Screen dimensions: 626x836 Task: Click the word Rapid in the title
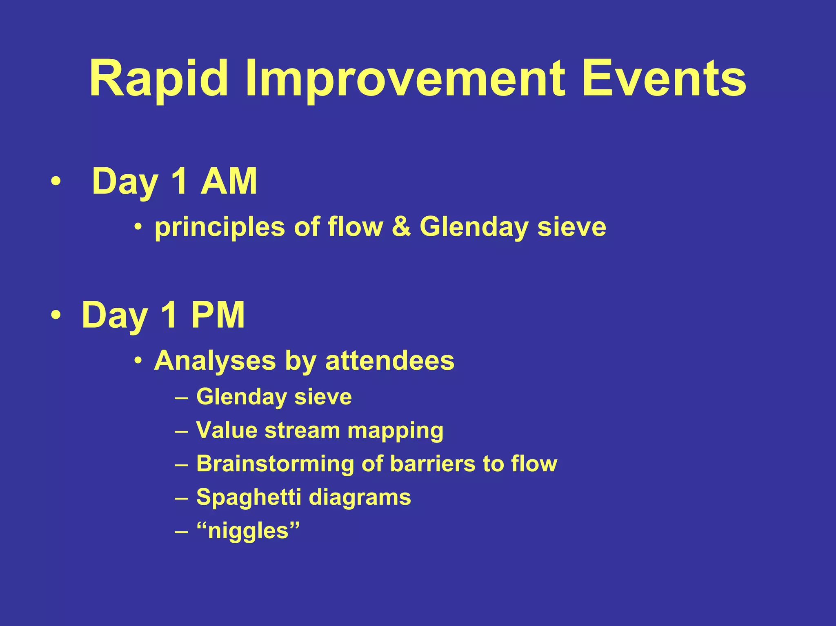[x=158, y=79]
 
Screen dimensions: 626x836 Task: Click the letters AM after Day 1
[x=229, y=182]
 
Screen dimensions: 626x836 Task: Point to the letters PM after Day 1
[x=218, y=315]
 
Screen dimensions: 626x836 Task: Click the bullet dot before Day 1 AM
[x=56, y=182]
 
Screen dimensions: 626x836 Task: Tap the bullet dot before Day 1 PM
[x=56, y=315]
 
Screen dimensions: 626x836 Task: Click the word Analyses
[x=215, y=361]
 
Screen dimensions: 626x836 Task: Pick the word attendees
[x=389, y=361]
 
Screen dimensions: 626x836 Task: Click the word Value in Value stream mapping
[x=226, y=430]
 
